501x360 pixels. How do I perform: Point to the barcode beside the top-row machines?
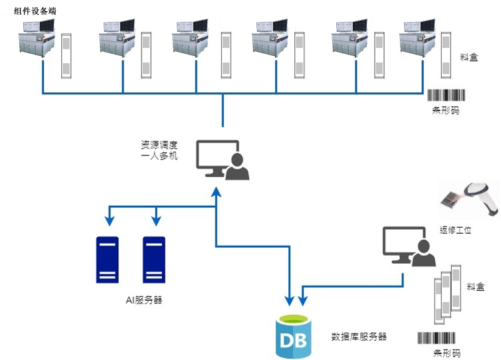pos(445,94)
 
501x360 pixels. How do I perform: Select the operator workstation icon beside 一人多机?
pos(222,160)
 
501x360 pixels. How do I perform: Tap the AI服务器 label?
pos(144,300)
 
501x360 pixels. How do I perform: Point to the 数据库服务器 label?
pos(359,337)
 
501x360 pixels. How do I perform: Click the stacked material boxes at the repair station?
pos(447,292)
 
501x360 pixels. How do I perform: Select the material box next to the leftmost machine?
pos(66,54)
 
